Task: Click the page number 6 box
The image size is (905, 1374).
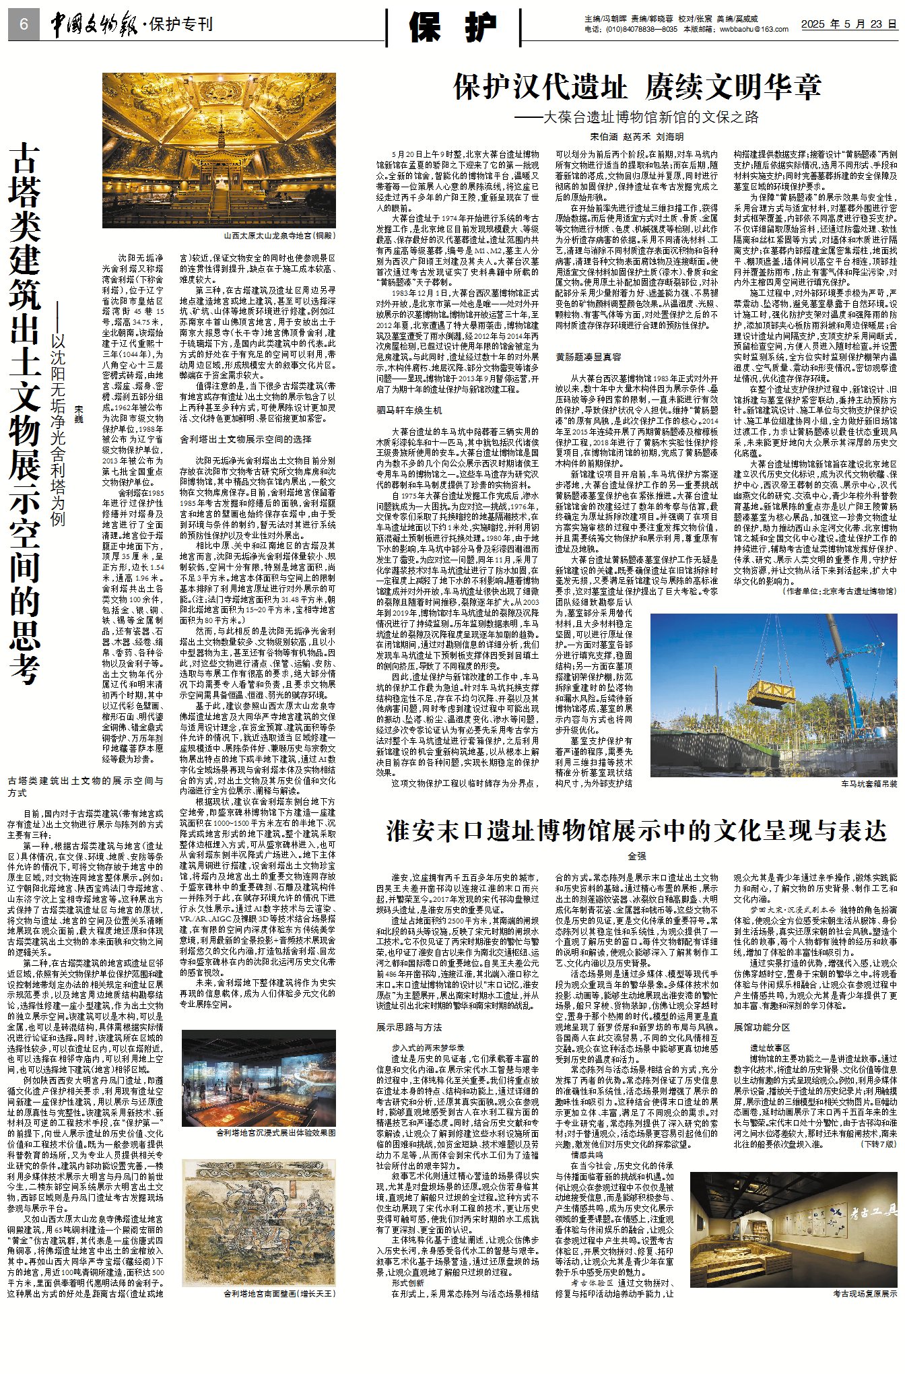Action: click(x=24, y=25)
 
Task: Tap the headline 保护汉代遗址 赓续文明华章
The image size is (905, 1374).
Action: click(x=637, y=87)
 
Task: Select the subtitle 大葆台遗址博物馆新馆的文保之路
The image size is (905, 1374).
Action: click(x=650, y=117)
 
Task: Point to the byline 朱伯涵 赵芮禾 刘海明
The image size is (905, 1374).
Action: click(x=636, y=137)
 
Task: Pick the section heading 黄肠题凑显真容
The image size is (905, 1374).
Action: click(x=588, y=357)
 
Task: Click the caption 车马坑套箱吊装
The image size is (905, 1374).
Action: click(x=869, y=785)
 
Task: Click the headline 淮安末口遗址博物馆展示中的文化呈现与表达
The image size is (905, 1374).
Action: click(x=636, y=832)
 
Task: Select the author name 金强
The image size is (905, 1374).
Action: click(x=636, y=856)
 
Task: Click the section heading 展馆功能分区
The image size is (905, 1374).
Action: click(x=762, y=1027)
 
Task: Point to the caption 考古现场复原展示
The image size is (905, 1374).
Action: click(x=865, y=1293)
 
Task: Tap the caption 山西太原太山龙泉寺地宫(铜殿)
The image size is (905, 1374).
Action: click(x=279, y=236)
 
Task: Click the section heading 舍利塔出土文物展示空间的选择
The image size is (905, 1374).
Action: click(x=245, y=439)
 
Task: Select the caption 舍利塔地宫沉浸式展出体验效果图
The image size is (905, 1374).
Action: click(x=275, y=1133)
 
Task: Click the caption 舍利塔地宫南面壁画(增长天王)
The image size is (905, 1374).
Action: click(x=279, y=1294)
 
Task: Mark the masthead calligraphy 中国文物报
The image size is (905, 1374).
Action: click(x=94, y=25)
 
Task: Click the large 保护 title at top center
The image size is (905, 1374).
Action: click(x=453, y=27)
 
